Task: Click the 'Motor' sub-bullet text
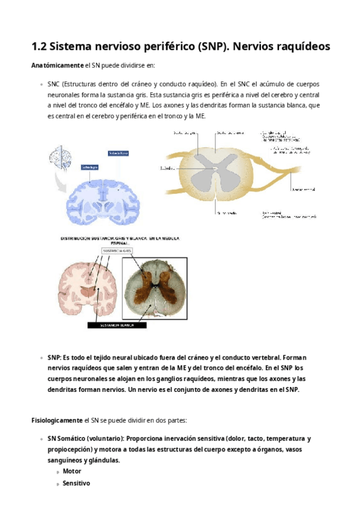pyautogui.click(x=72, y=471)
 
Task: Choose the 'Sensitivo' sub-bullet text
pyautogui.click(x=76, y=483)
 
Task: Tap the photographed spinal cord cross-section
pyautogui.click(x=155, y=286)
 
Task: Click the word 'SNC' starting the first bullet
pyautogui.click(x=55, y=85)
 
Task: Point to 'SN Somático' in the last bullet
pyautogui.click(x=67, y=439)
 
